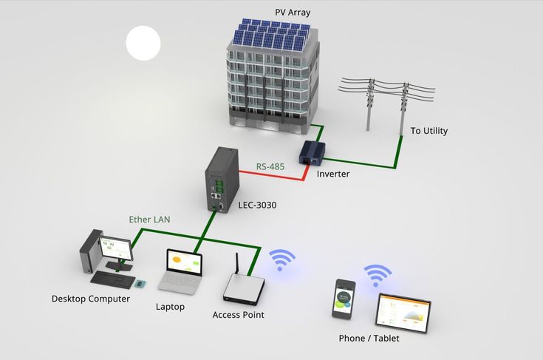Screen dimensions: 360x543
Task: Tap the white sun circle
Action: [143, 42]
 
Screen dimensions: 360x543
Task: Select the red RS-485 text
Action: [271, 167]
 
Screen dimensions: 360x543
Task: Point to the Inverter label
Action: [332, 174]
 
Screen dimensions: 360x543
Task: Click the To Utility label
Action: [429, 131]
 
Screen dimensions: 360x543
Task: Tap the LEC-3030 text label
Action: [257, 205]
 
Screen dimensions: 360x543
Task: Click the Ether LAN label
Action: [150, 220]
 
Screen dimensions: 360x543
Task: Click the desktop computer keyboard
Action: [111, 278]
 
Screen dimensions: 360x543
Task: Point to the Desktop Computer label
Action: [91, 299]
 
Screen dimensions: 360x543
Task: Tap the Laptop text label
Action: [170, 306]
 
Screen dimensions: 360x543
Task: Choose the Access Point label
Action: [238, 315]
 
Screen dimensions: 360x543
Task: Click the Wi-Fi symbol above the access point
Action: [281, 259]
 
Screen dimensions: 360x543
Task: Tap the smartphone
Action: [344, 299]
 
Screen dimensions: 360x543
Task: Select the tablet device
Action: [402, 310]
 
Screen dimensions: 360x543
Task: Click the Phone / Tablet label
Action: [368, 339]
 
